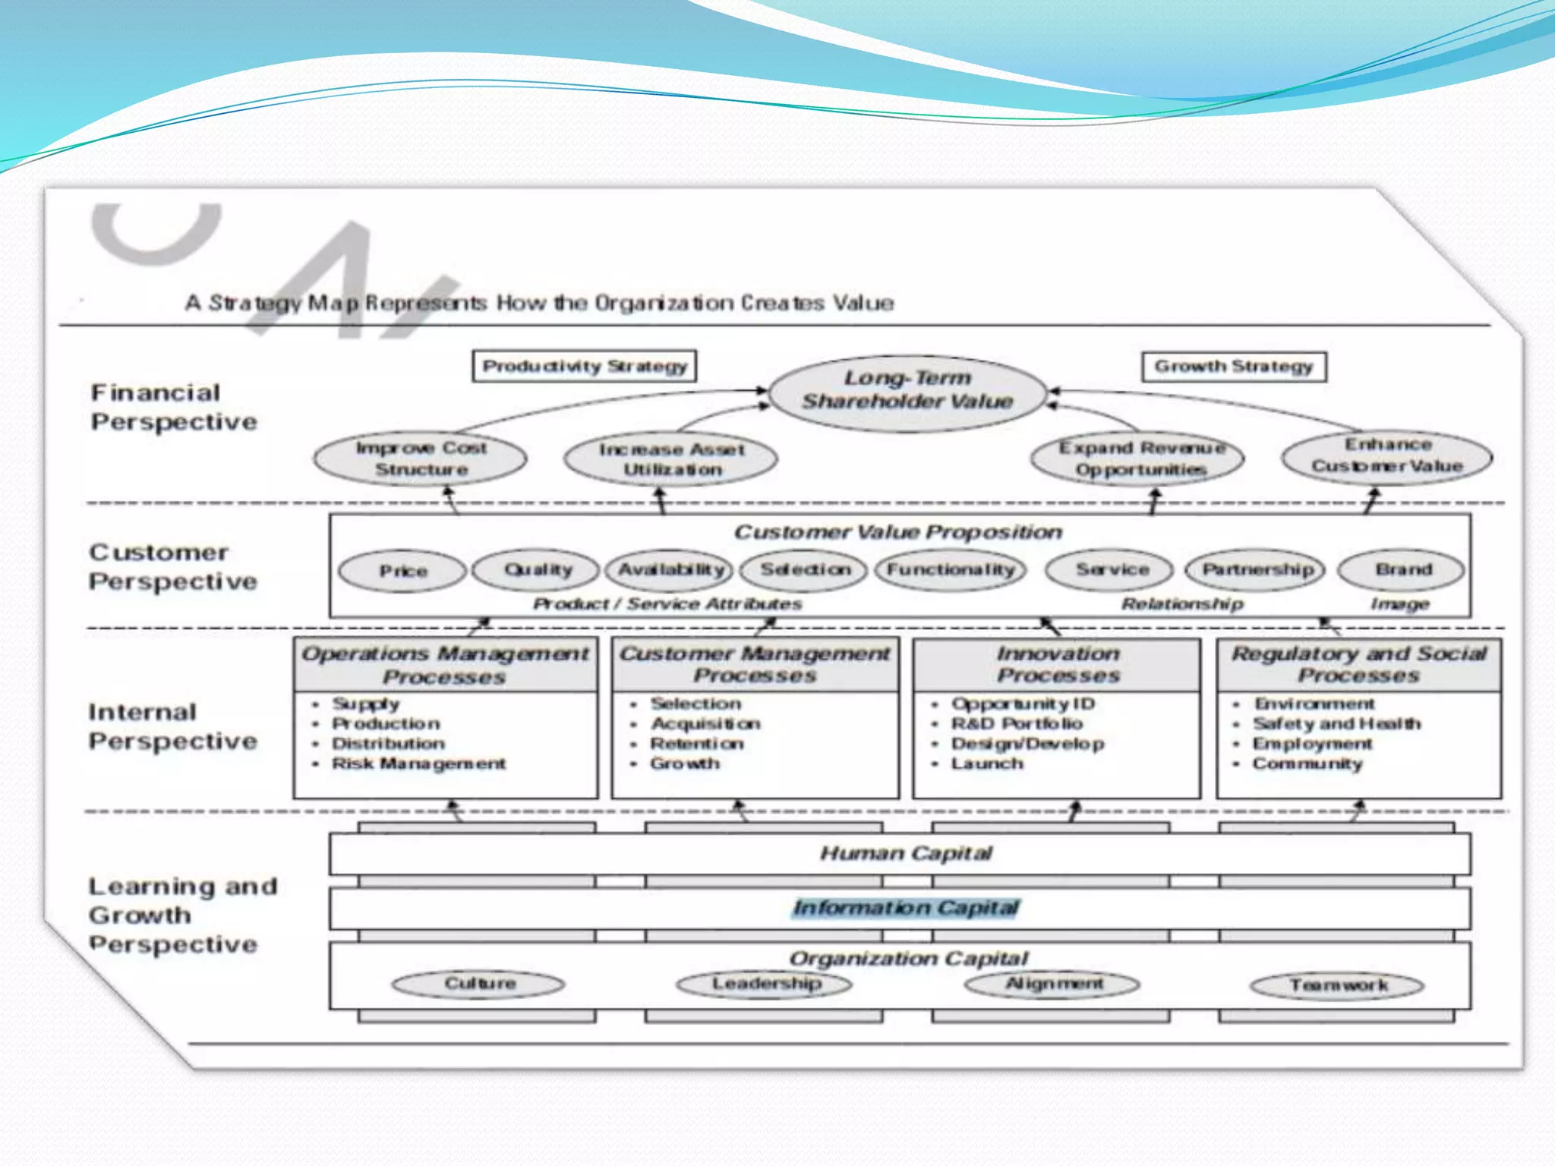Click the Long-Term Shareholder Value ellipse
[x=907, y=390]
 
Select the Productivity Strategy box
[x=584, y=367]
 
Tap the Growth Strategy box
[x=1234, y=367]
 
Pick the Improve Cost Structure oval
[x=421, y=459]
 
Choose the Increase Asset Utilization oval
[x=671, y=459]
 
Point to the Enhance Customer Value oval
[x=1386, y=455]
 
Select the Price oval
[x=402, y=571]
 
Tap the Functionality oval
[x=951, y=569]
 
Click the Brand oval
[x=1402, y=569]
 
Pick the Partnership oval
[x=1257, y=569]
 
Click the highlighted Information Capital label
[x=906, y=908]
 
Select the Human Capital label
[x=906, y=854]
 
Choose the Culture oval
[x=479, y=984]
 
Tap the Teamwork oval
[x=1338, y=985]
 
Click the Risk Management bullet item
[x=418, y=764]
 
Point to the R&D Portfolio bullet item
[x=1017, y=723]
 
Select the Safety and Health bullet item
[x=1336, y=723]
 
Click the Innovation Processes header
[x=1058, y=664]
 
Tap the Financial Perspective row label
[x=174, y=408]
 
